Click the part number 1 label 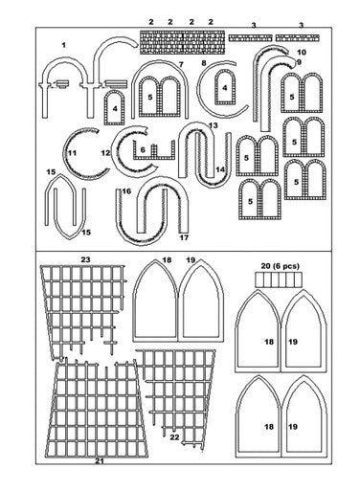63,45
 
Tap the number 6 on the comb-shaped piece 142,149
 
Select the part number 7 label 180,63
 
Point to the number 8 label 204,63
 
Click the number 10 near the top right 302,52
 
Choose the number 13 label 213,125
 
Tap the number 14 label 221,169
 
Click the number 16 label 125,191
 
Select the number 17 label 183,237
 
